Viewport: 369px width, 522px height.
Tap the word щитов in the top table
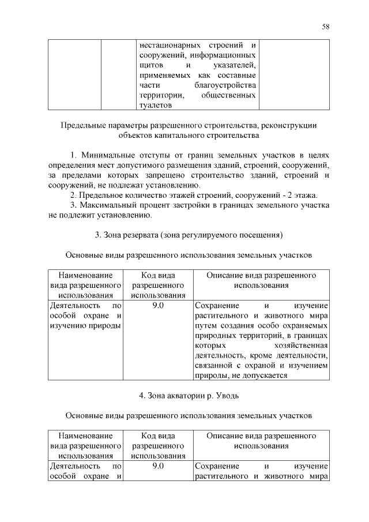coord(150,65)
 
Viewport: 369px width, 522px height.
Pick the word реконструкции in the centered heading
coord(291,125)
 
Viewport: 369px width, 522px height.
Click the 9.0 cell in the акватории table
coord(159,465)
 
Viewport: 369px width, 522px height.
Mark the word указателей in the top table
coord(234,65)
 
